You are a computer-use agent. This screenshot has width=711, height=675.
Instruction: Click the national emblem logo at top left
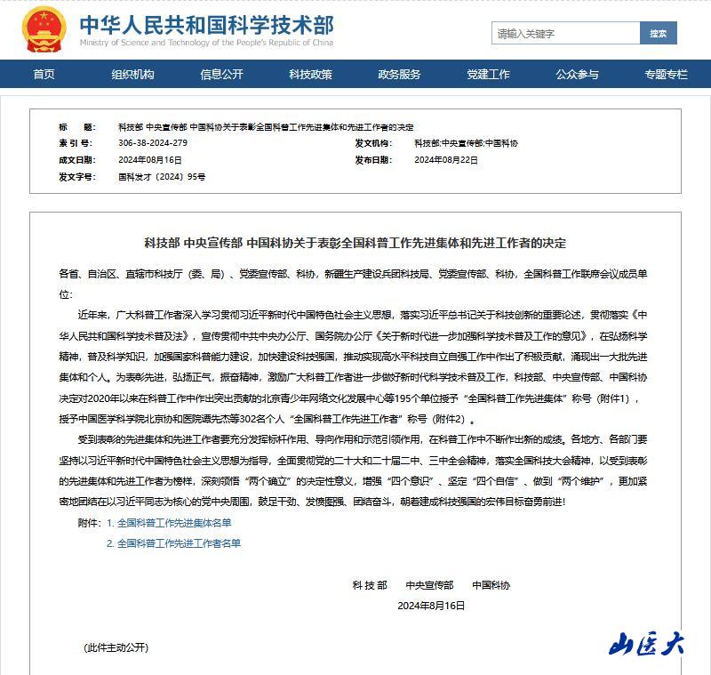[x=44, y=30]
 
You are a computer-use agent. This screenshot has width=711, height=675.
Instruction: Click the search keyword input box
[x=565, y=34]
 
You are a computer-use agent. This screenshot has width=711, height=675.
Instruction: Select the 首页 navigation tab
[x=44, y=75]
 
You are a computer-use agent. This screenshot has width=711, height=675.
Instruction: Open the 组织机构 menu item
[x=132, y=75]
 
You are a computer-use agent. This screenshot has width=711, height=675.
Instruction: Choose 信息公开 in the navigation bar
[x=221, y=75]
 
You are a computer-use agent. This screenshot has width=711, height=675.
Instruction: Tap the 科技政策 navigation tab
[x=310, y=75]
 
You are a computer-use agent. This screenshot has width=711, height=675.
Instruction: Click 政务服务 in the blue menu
[x=399, y=75]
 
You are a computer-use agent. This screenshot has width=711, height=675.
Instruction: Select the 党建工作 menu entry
[x=488, y=75]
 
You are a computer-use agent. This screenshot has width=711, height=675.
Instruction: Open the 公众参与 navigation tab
[x=577, y=75]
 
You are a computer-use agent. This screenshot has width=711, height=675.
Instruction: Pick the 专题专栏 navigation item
[x=666, y=75]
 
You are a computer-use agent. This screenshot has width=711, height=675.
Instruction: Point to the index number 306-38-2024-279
[x=153, y=143]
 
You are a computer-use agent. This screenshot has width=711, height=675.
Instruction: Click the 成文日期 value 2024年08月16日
[x=150, y=160]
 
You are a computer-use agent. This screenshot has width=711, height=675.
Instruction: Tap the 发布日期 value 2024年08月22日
[x=446, y=160]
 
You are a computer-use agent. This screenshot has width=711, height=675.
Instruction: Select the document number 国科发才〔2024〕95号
[x=162, y=177]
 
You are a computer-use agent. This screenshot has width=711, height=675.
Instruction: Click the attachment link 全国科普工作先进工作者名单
[x=179, y=543]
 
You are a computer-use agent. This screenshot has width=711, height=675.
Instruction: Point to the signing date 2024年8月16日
[x=431, y=605]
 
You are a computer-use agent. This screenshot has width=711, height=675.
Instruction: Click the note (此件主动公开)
[x=116, y=647]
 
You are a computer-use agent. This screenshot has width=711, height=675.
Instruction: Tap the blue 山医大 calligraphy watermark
[x=646, y=643]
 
